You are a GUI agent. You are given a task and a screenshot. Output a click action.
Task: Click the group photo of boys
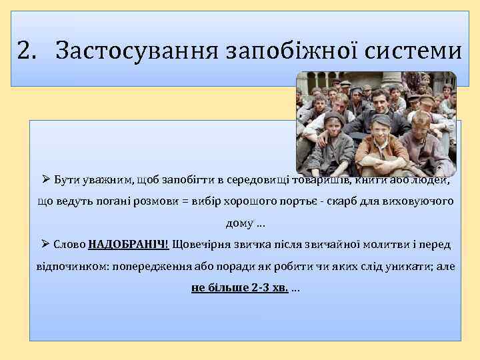(x=376, y=123)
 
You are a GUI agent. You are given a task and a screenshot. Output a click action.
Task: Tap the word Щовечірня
(x=205, y=244)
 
